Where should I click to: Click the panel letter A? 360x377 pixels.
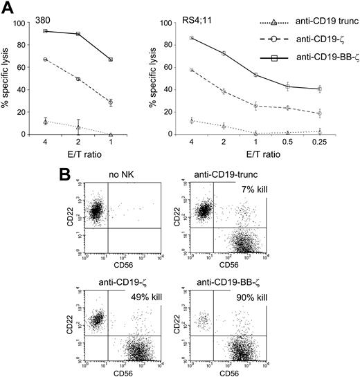coord(10,8)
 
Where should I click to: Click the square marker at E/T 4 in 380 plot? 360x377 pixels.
coord(46,31)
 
